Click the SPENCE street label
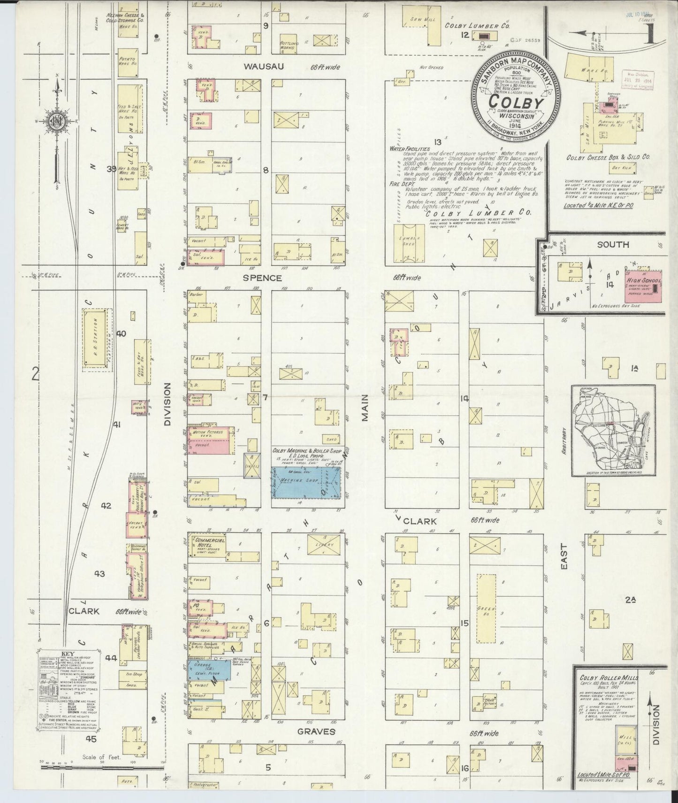262,278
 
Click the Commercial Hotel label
211,543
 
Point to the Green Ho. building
486,612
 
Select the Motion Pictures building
211,440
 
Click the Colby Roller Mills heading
608,678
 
